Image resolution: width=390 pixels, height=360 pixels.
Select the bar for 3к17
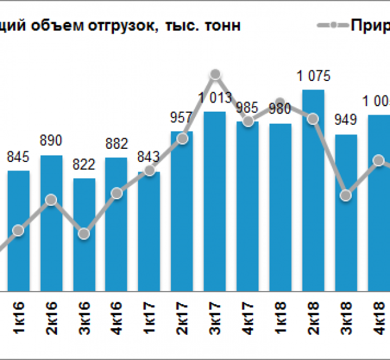coord(215,201)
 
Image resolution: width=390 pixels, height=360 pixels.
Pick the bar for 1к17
coord(149,231)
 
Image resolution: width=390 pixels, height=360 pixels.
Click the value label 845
coord(19,157)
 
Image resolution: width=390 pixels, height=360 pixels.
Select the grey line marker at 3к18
coord(346,195)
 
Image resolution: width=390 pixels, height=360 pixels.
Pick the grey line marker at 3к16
coord(84,234)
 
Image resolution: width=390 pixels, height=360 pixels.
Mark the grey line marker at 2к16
coord(52,199)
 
